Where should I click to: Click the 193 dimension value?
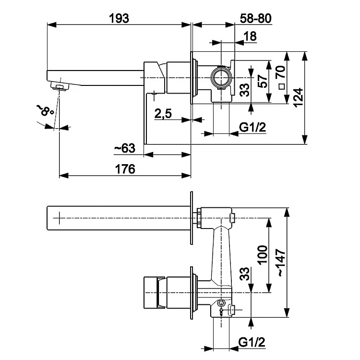click(x=119, y=18)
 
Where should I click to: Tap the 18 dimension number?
click(x=250, y=36)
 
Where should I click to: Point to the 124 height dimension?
click(x=299, y=98)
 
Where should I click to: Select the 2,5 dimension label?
click(x=164, y=114)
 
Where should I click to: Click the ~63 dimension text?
click(x=125, y=149)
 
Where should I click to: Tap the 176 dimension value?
click(x=125, y=169)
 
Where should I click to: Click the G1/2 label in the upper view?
click(x=253, y=127)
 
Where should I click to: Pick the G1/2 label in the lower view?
click(x=252, y=342)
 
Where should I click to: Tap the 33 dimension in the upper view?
click(x=245, y=89)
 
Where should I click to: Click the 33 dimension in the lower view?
click(x=244, y=276)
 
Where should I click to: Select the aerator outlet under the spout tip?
click(x=60, y=86)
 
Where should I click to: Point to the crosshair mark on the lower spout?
click(x=59, y=218)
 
